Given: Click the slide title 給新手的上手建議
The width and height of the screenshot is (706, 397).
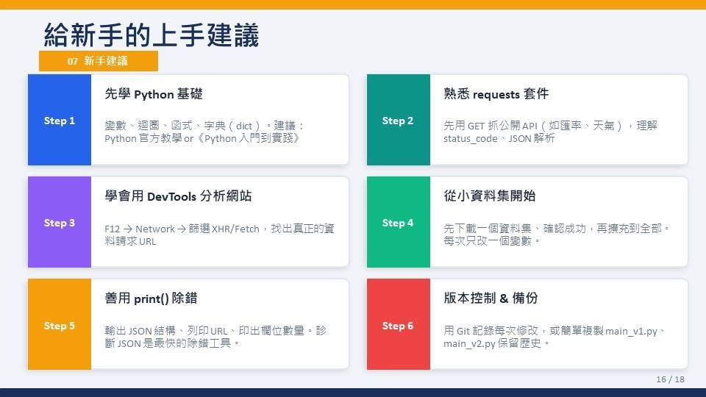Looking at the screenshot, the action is click(151, 35).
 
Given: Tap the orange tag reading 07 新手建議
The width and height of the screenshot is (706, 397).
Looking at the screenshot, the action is click(98, 61).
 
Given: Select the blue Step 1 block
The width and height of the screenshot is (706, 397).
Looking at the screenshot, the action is click(60, 120).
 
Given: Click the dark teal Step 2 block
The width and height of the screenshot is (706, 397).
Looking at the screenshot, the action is click(399, 120).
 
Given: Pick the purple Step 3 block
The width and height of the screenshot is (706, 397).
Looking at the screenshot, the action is click(60, 222).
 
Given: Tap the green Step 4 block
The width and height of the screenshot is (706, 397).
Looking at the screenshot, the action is click(399, 222).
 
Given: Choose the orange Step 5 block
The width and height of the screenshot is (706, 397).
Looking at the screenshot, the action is click(60, 324).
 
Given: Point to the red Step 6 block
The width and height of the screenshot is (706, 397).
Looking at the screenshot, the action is click(399, 324).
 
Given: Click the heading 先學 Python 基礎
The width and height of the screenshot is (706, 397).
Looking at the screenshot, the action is click(154, 94).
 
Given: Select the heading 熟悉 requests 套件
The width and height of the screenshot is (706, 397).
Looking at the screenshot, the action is click(496, 94).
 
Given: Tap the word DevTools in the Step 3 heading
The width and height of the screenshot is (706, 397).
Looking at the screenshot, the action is click(171, 197).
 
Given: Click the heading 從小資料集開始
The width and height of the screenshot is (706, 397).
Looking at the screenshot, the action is click(490, 196).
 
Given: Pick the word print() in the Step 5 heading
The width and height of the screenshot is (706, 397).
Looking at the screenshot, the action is click(151, 299).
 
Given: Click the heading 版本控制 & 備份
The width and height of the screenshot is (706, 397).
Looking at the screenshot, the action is click(491, 298).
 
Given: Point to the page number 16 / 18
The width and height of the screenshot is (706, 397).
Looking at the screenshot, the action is click(670, 379).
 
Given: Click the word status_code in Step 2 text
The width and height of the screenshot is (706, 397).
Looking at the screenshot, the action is click(470, 139).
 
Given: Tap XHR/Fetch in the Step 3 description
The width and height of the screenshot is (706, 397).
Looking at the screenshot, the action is click(235, 229).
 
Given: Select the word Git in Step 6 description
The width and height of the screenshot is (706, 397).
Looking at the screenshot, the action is click(463, 332).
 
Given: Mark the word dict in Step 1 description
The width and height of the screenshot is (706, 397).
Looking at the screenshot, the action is click(244, 126).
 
